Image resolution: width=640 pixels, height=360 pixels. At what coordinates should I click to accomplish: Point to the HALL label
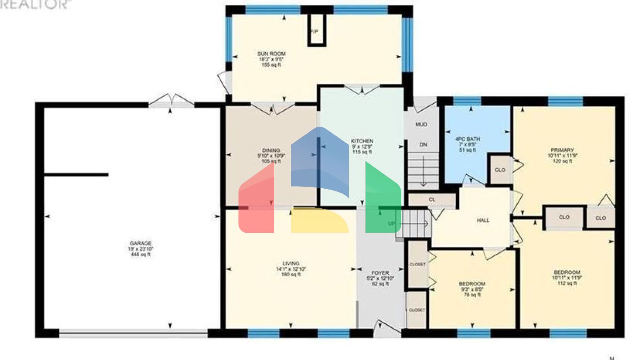click(483, 220)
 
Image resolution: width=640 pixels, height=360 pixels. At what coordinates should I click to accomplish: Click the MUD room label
click(421, 125)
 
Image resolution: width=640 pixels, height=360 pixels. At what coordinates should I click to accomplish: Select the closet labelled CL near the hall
click(432, 200)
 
